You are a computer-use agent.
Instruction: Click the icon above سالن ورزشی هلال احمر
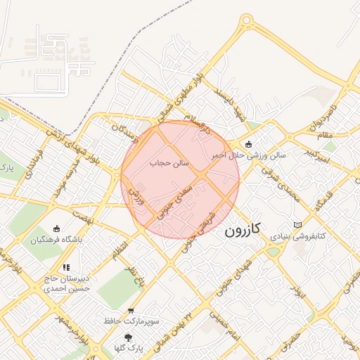tap(247, 143)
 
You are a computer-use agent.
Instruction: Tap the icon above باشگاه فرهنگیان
tap(57, 229)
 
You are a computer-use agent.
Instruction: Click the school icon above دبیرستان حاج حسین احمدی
tap(66, 267)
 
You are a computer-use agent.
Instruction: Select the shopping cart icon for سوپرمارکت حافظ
tap(131, 310)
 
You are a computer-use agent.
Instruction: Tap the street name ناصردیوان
tap(321, 118)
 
